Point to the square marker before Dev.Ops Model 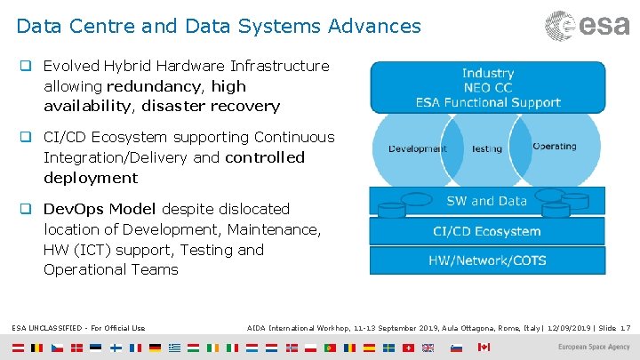tap(27, 209)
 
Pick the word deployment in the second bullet tap(91, 178)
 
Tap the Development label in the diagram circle tap(417, 148)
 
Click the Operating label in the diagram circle tap(554, 147)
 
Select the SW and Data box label tap(487, 202)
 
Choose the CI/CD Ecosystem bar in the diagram tap(487, 231)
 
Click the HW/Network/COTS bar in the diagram tap(487, 260)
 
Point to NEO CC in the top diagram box tap(488, 88)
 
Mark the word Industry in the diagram tap(488, 73)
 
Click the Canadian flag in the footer tap(484, 347)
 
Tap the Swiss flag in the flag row tap(409, 347)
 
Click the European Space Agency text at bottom tap(593, 347)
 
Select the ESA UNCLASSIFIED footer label tap(79, 328)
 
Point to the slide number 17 tap(626, 328)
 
